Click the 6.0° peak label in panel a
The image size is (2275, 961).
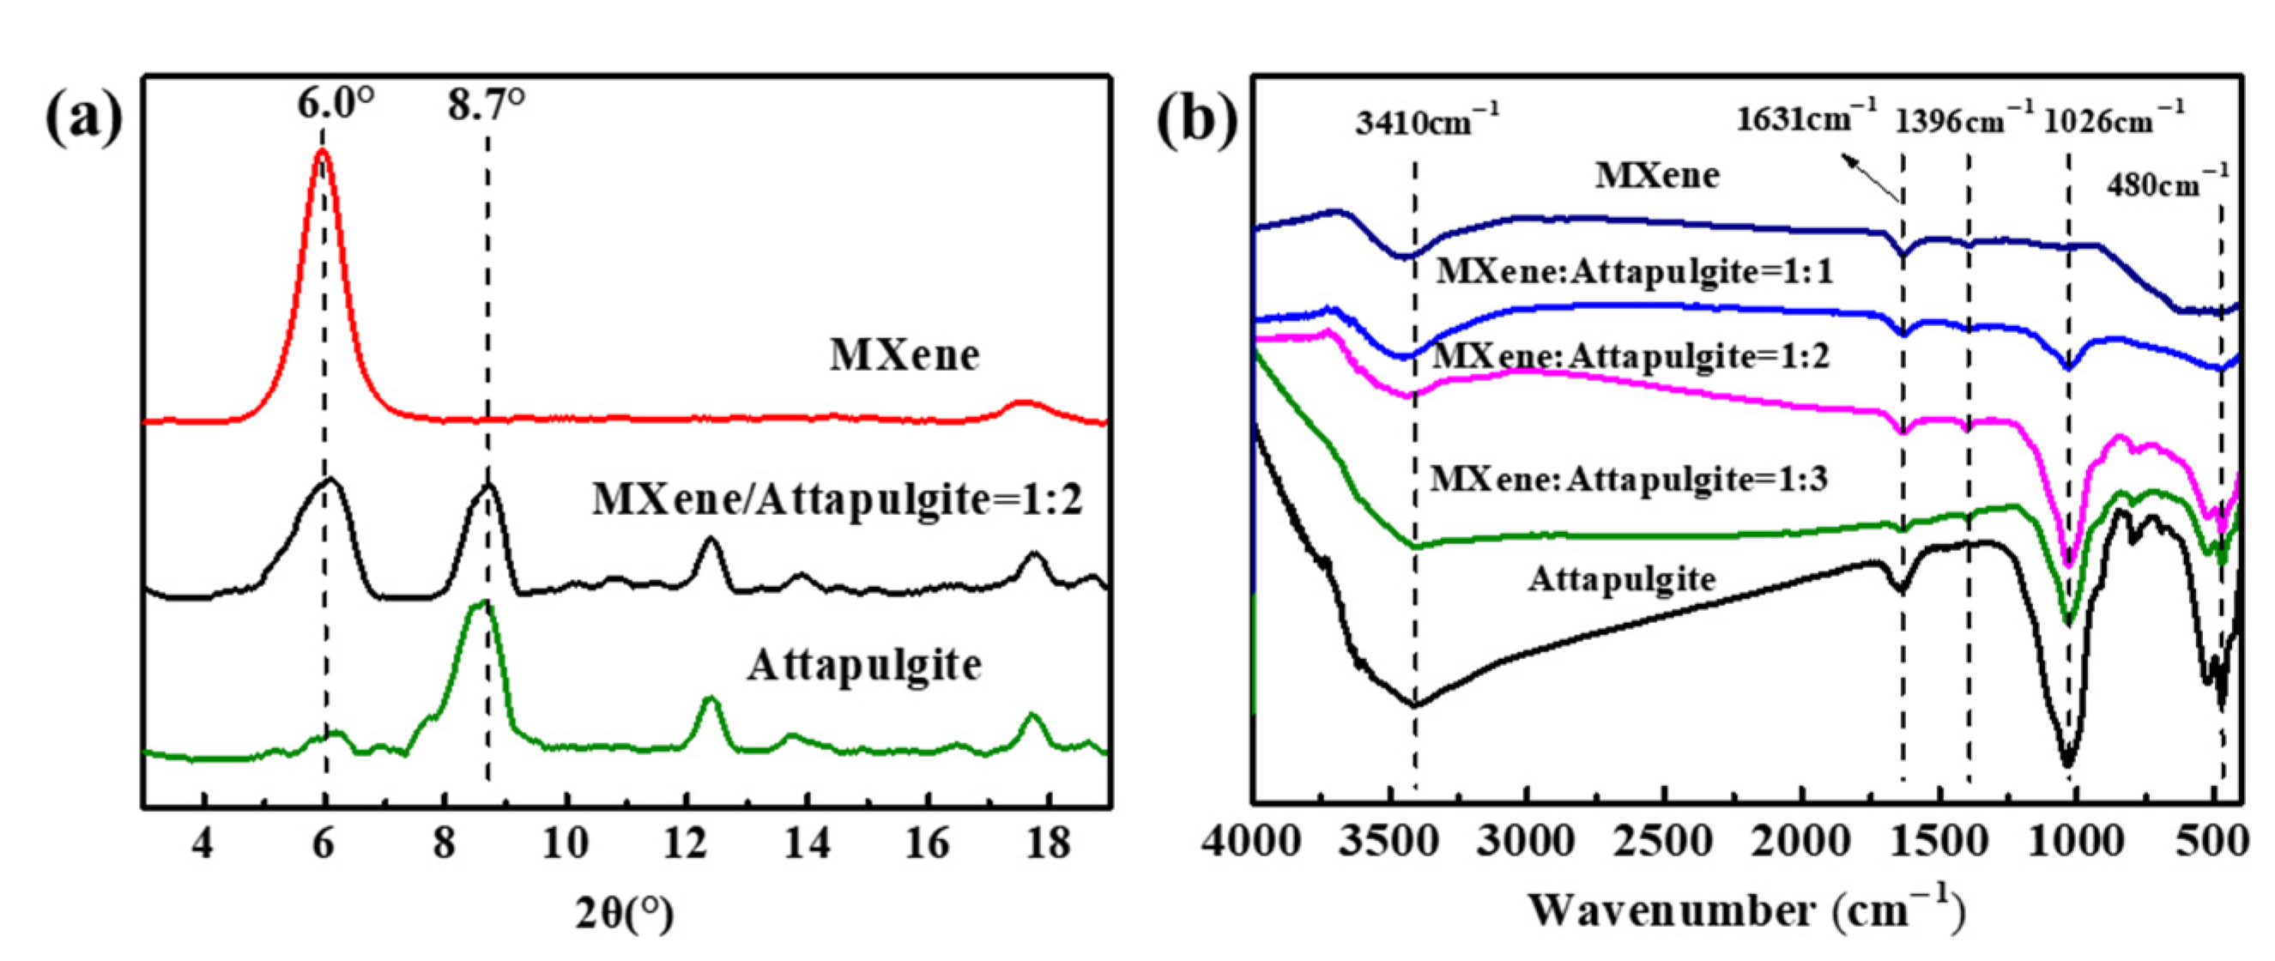(335, 105)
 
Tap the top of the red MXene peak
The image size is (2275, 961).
(323, 152)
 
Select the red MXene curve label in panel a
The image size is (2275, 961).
(905, 356)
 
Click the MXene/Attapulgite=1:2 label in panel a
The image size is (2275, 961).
(838, 500)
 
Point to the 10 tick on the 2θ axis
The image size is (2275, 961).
(566, 843)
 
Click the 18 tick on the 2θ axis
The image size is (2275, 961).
(1048, 843)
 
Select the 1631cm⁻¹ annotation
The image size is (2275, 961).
(1806, 117)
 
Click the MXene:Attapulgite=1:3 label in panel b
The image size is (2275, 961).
(1630, 480)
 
